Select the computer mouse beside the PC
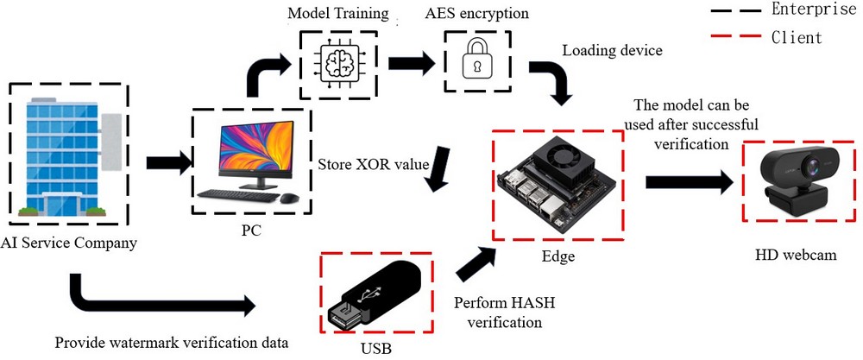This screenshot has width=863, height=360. tap(289, 199)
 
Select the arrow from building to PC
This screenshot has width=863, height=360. tap(167, 161)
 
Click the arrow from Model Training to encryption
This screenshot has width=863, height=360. tap(411, 62)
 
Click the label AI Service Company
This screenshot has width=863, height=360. tap(69, 243)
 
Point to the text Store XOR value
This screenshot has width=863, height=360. tap(372, 163)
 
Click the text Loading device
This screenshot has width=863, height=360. tap(612, 50)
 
